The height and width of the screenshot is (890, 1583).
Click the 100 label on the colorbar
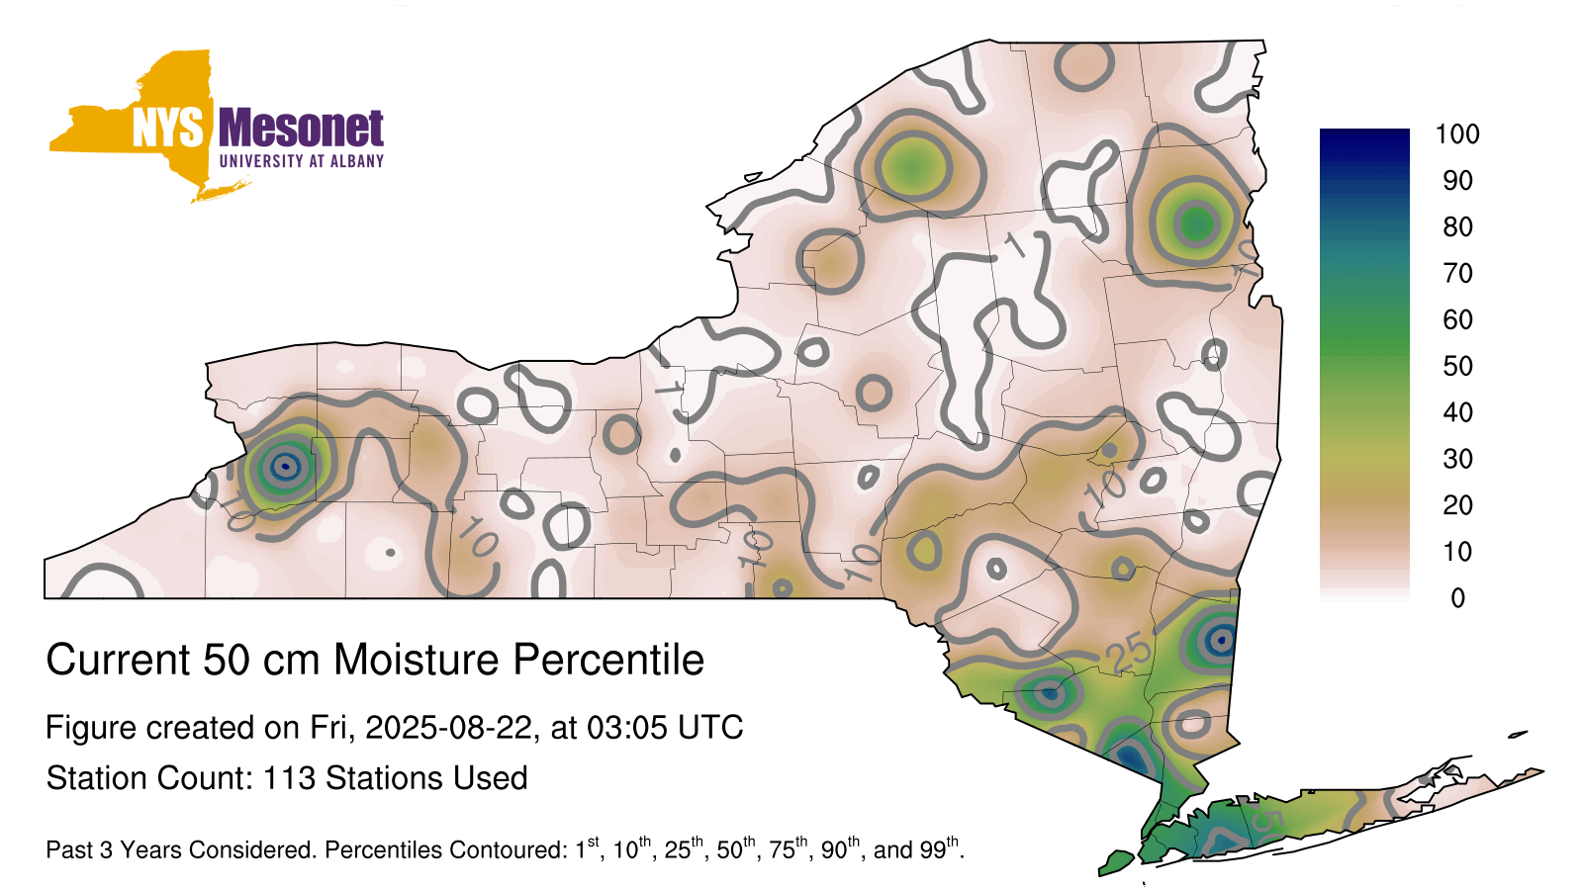click(1457, 134)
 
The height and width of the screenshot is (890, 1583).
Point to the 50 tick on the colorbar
click(1457, 366)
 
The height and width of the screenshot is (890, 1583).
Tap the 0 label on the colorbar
click(1458, 598)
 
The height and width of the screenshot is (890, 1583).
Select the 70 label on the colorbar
click(1457, 273)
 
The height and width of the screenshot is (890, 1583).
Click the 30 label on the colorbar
click(1457, 459)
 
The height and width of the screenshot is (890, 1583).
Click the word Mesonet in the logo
click(301, 128)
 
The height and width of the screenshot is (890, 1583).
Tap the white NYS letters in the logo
click(168, 128)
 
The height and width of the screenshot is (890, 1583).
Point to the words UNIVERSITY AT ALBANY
click(301, 161)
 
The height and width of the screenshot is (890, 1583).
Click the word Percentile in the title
click(608, 660)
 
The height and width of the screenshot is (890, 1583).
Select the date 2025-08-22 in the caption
click(448, 728)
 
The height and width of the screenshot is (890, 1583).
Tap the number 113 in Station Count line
click(289, 778)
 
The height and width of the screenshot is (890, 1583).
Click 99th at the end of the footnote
click(941, 847)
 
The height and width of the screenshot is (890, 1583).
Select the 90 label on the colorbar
click(1457, 181)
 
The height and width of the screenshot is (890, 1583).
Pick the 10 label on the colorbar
click(1457, 552)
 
